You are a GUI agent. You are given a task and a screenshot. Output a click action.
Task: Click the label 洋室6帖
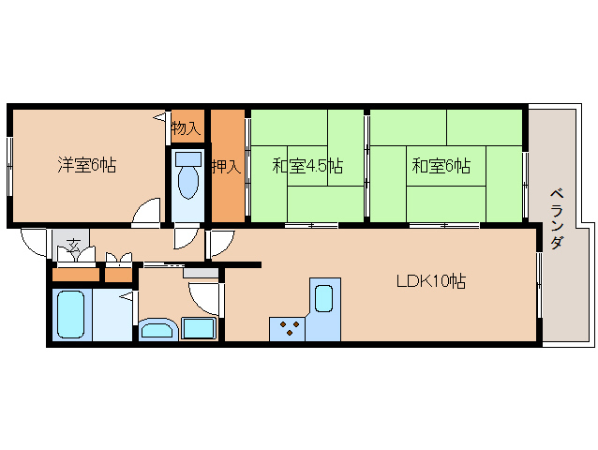[86, 166]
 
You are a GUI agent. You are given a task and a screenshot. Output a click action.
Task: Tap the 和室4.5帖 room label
[306, 167]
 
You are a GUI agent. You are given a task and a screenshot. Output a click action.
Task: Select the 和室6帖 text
[441, 167]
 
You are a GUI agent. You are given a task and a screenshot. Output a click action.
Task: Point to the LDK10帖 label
[430, 279]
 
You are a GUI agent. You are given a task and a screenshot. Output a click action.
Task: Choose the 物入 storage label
[185, 128]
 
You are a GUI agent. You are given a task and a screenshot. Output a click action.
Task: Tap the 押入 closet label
[226, 168]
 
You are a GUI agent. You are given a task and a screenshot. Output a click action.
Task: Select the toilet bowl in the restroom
[188, 184]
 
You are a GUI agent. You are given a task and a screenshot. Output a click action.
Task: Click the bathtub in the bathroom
[71, 314]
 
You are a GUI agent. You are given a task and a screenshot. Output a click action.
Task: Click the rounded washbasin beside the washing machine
[157, 329]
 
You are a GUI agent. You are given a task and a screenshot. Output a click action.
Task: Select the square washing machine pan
[198, 329]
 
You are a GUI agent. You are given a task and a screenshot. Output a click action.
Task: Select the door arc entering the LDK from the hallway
[220, 242]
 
